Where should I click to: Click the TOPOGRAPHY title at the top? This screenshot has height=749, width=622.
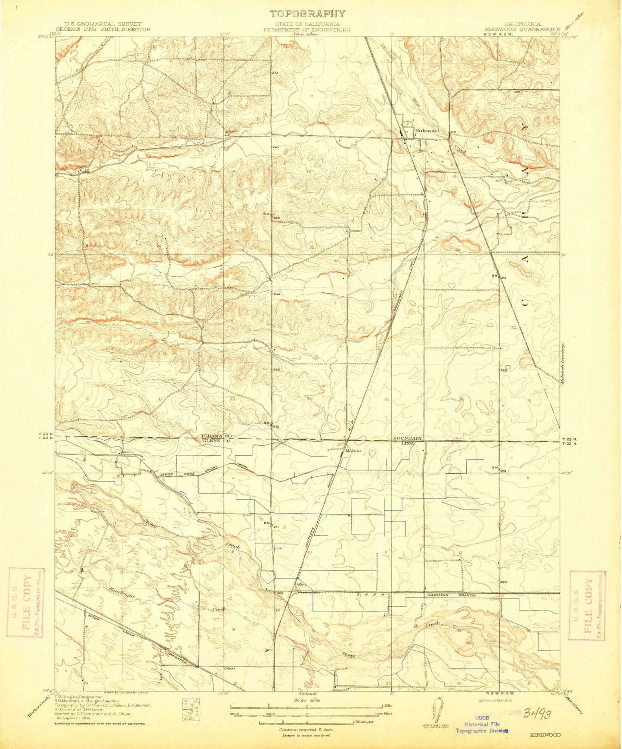click(307, 14)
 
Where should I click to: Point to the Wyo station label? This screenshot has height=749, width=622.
click(301, 585)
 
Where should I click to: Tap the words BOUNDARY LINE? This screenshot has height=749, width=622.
click(407, 440)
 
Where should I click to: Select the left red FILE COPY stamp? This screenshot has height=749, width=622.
click(26, 602)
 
